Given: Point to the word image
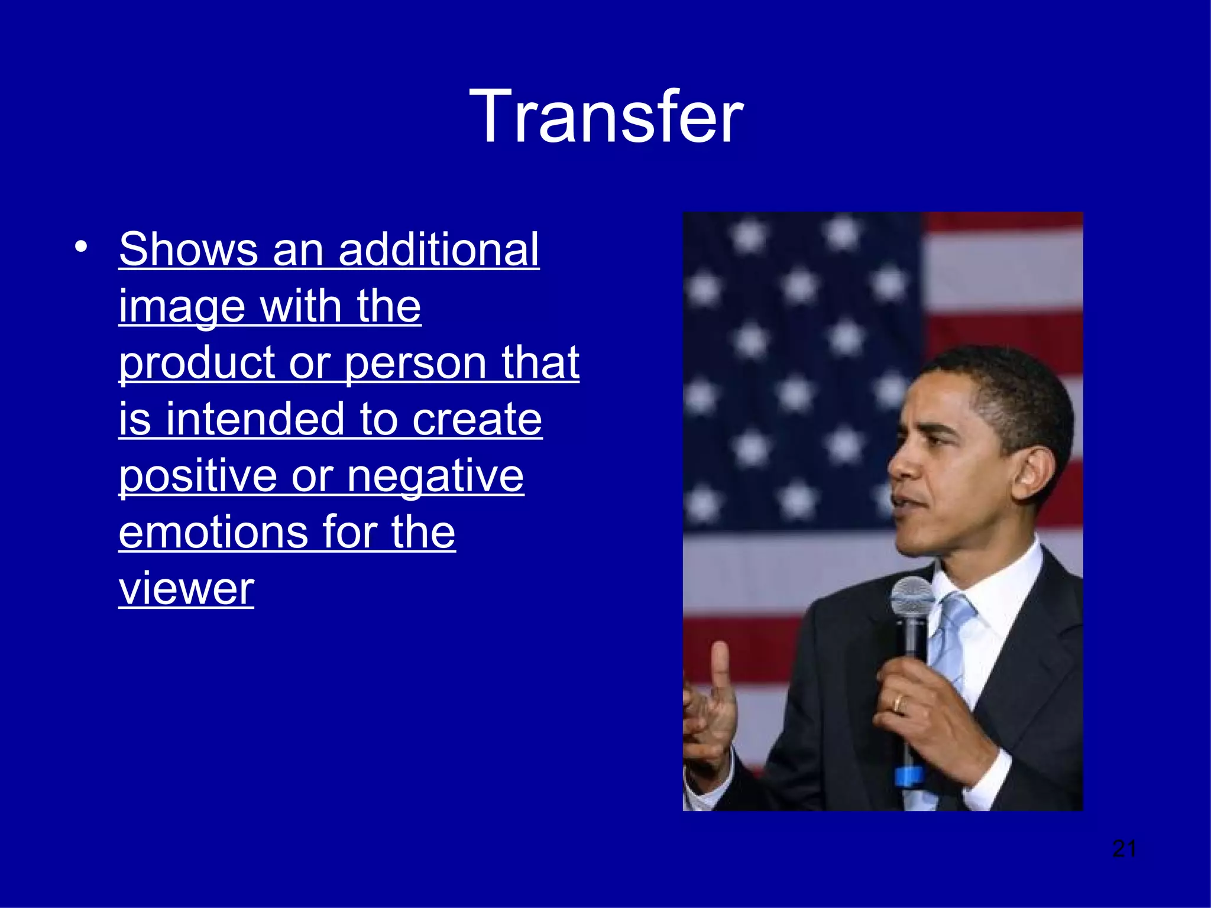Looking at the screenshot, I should tap(182, 307).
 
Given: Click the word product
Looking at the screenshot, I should tap(196, 364).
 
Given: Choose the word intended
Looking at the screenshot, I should tap(255, 419).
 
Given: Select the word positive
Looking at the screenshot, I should tap(197, 476).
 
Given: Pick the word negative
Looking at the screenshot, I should tap(435, 476).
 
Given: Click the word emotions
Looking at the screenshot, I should tap(213, 532).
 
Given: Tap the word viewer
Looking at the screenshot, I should tap(186, 589).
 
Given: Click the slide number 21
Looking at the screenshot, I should tap(1124, 849).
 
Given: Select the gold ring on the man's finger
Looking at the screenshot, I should tap(898, 703).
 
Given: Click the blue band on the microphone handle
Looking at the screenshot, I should tap(908, 776).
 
